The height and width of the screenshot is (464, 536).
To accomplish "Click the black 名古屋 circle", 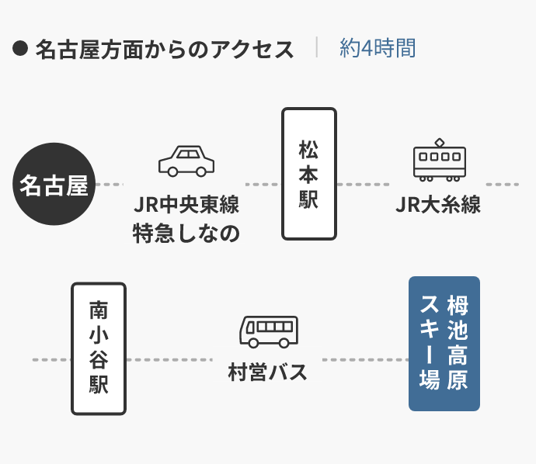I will pyautogui.click(x=54, y=185).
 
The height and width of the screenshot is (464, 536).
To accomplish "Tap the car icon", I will pyautogui.click(x=186, y=161).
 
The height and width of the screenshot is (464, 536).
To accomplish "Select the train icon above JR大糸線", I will pyautogui.click(x=439, y=161).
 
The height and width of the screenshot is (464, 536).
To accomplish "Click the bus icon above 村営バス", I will pyautogui.click(x=268, y=332).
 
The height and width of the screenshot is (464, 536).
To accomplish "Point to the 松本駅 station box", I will pyautogui.click(x=308, y=174).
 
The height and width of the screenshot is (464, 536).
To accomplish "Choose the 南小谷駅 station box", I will pyautogui.click(x=99, y=348).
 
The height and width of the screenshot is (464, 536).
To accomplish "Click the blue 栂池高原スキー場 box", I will pyautogui.click(x=444, y=344).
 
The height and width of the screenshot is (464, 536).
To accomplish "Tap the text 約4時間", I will pyautogui.click(x=378, y=48).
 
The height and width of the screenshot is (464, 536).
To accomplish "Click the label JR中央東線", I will pyautogui.click(x=186, y=205).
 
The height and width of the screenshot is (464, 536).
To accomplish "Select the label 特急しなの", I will pyautogui.click(x=186, y=232).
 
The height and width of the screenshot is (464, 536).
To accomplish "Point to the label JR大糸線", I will pyautogui.click(x=438, y=205).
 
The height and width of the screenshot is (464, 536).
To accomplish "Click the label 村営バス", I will pyautogui.click(x=268, y=372).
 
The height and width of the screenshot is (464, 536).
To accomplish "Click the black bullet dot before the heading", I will pyautogui.click(x=20, y=49).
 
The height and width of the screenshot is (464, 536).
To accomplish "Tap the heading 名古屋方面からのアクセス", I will pyautogui.click(x=165, y=49).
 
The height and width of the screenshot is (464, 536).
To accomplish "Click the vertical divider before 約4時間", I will pyautogui.click(x=317, y=47).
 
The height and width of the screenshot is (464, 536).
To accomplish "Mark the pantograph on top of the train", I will pyautogui.click(x=440, y=142).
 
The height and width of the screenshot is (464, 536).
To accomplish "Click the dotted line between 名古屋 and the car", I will pyautogui.click(x=109, y=185).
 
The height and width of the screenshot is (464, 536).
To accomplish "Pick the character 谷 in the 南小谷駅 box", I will pyautogui.click(x=99, y=361).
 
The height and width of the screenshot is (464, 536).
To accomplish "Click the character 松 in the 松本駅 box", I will pyautogui.click(x=308, y=147).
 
